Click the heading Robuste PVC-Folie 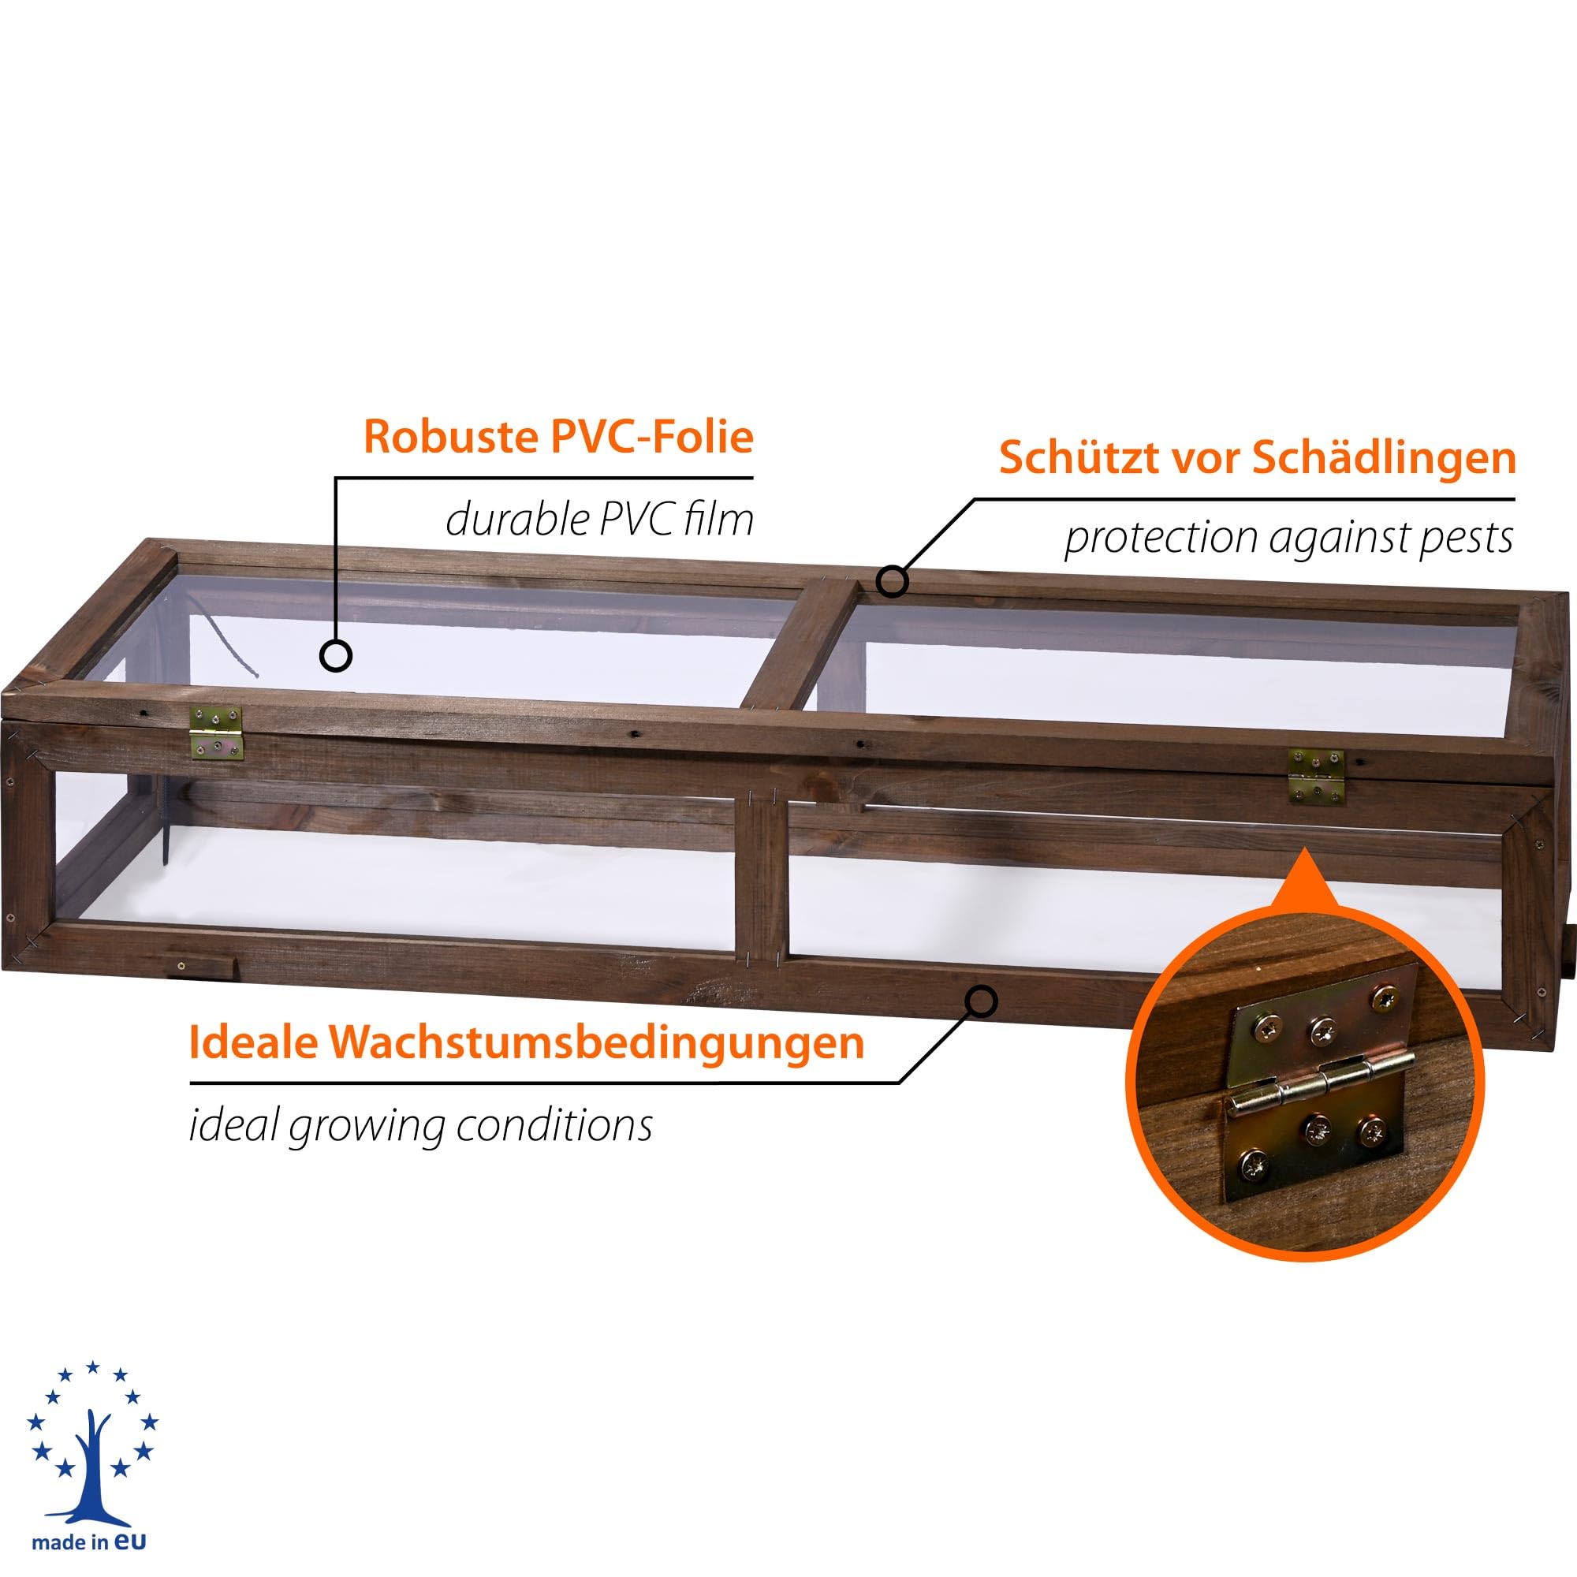click(558, 438)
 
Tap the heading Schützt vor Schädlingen click(1258, 458)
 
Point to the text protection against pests click(1289, 539)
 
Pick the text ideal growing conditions click(420, 1126)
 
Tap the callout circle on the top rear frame click(892, 581)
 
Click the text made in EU click(91, 1544)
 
